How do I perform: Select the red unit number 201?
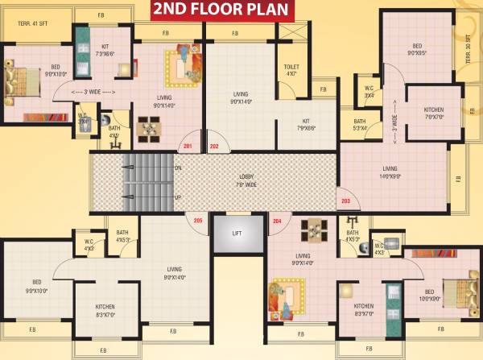coord(188,147)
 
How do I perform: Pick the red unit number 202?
coord(214,147)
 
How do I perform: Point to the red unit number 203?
coord(346,200)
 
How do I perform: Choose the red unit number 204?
coord(277,220)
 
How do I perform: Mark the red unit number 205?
coord(199,220)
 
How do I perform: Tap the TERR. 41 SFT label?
coord(33,22)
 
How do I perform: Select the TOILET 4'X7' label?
coord(291,71)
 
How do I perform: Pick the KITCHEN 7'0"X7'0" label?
coord(440,113)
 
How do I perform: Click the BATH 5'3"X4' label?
coord(360,124)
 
